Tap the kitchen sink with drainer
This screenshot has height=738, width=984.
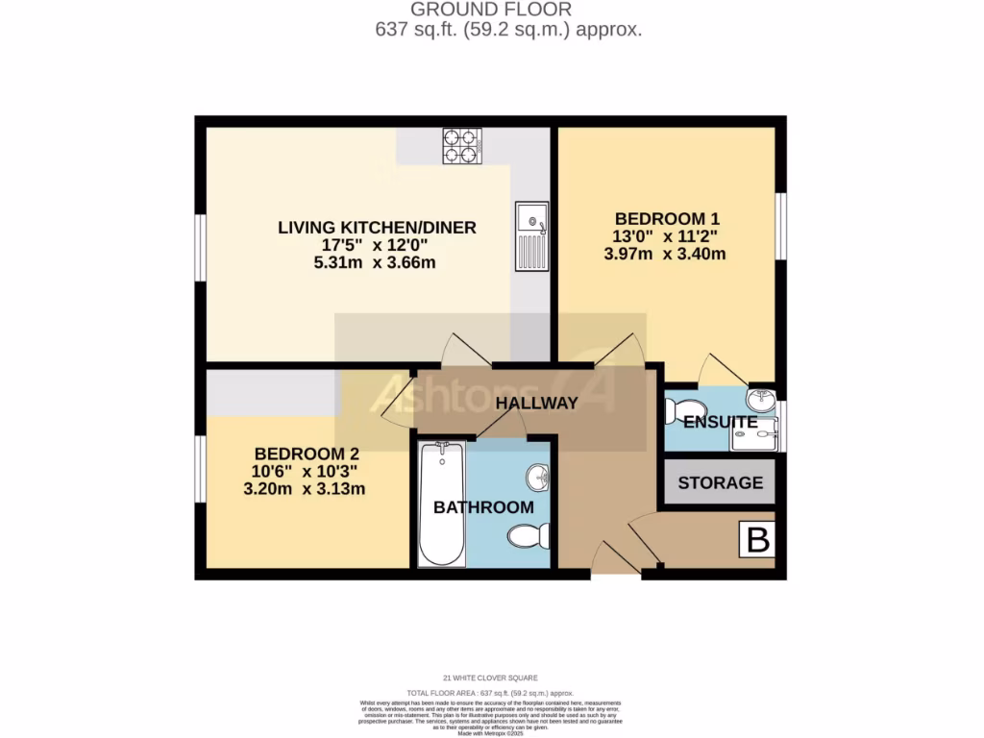pyautogui.click(x=530, y=235)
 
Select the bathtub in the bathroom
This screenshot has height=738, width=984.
pyautogui.click(x=442, y=504)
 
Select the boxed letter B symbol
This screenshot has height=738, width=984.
pyautogui.click(x=758, y=541)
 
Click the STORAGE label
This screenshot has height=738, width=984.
pyautogui.click(x=720, y=483)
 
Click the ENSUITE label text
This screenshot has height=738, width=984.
pyautogui.click(x=720, y=423)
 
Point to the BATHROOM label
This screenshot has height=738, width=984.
pyautogui.click(x=483, y=507)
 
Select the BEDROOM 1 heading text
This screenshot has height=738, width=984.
pyautogui.click(x=667, y=218)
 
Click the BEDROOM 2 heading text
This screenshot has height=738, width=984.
pyautogui.click(x=307, y=454)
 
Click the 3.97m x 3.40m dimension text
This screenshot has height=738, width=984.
pyautogui.click(x=664, y=254)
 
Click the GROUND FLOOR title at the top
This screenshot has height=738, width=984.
pyautogui.click(x=491, y=10)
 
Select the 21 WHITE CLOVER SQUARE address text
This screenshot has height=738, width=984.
pyautogui.click(x=491, y=678)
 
